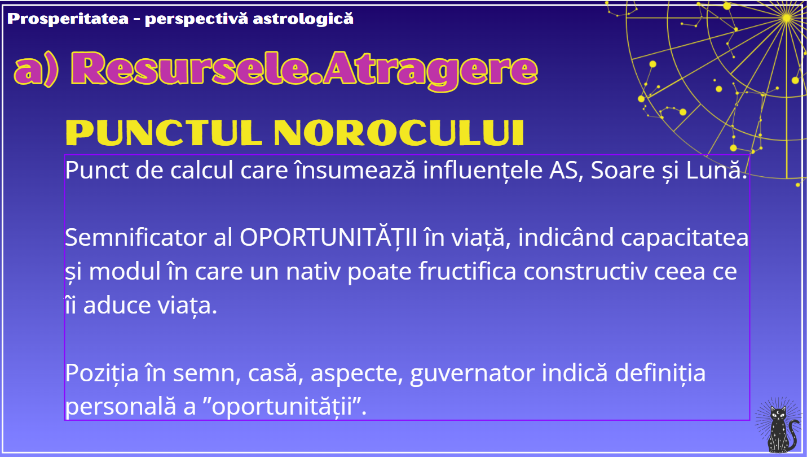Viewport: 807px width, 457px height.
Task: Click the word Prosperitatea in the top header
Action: coord(68,19)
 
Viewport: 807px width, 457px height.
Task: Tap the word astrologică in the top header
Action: coord(303,19)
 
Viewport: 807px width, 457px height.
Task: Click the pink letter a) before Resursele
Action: coord(36,71)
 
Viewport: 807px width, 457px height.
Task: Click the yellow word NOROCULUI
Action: coord(399,133)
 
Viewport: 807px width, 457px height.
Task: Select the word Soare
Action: coord(623,170)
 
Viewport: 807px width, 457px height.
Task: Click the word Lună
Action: coord(716,169)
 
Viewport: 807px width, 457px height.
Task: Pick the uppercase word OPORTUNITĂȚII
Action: coord(328,237)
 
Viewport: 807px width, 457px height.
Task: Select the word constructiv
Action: coord(585,272)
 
